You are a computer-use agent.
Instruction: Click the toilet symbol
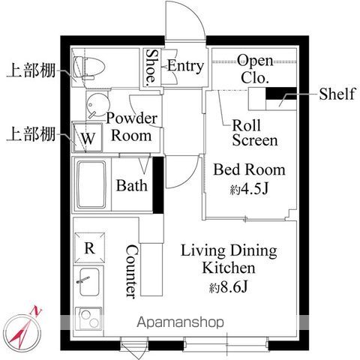click(88, 67)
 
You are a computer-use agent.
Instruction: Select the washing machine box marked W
click(88, 137)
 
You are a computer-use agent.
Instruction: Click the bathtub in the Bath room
click(91, 185)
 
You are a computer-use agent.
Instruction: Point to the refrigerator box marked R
click(89, 247)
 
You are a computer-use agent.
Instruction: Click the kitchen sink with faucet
click(88, 282)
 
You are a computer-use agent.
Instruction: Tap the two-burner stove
click(88, 319)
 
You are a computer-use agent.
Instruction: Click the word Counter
click(132, 271)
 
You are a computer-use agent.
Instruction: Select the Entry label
click(185, 66)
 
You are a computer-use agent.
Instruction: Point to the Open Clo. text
click(255, 69)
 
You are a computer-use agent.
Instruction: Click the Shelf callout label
click(337, 94)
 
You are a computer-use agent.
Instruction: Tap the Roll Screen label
click(255, 133)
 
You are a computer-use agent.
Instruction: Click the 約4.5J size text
click(249, 189)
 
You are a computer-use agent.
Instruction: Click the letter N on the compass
click(36, 311)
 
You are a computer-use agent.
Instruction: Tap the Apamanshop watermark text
click(180, 322)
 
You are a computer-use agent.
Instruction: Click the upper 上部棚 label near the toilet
click(31, 70)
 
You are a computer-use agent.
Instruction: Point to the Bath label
click(132, 185)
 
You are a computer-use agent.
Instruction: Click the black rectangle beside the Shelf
click(281, 94)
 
